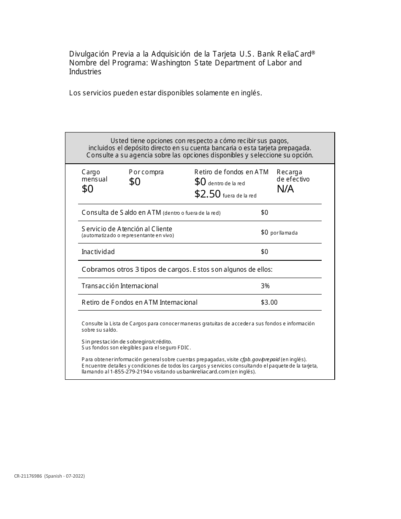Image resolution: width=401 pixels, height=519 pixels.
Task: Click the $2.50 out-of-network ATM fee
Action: pyautogui.click(x=207, y=194)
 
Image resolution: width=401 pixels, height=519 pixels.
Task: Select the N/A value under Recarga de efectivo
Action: pyautogui.click(x=285, y=189)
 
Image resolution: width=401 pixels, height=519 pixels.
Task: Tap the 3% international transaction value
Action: pyautogui.click(x=265, y=286)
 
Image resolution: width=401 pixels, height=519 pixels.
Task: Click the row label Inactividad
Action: pyautogui.click(x=98, y=252)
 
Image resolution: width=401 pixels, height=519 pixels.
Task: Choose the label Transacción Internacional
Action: pyautogui.click(x=119, y=286)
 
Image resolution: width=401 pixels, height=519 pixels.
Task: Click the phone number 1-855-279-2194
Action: pyautogui.click(x=130, y=372)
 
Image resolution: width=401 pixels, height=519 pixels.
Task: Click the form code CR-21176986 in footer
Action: pyautogui.click(x=28, y=476)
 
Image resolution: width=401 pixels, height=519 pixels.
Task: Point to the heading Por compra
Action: pyautogui.click(x=146, y=172)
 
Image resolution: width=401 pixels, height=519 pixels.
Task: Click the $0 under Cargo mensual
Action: pyautogui.click(x=87, y=189)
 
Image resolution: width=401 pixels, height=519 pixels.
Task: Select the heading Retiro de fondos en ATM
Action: pyautogui.click(x=231, y=172)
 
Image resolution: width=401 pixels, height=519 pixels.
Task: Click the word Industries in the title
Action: pyautogui.click(x=85, y=72)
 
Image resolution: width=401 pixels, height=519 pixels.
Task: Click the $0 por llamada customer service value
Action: pyautogui.click(x=279, y=232)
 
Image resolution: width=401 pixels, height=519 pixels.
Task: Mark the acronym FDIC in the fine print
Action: pyautogui.click(x=184, y=348)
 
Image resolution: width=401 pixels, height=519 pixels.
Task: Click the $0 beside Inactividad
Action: pyautogui.click(x=264, y=252)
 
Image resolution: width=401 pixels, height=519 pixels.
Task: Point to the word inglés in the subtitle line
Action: pyautogui.click(x=252, y=93)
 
